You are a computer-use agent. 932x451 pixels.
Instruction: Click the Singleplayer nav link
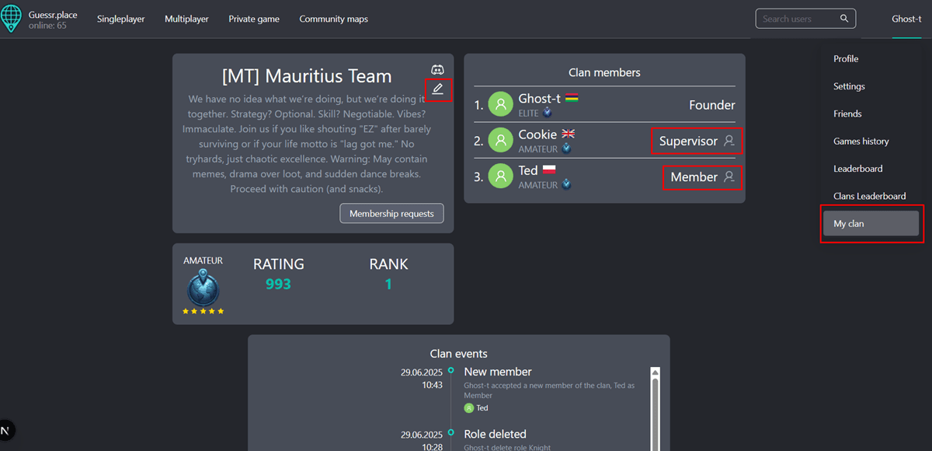click(120, 19)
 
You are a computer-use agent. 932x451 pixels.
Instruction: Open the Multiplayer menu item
click(186, 19)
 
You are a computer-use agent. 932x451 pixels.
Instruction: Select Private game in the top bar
click(254, 19)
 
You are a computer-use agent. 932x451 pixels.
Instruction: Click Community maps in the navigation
click(333, 19)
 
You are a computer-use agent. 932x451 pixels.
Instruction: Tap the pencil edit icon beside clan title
click(438, 89)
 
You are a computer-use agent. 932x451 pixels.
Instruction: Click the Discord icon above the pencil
click(438, 70)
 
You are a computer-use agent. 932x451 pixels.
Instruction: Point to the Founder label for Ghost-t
click(711, 105)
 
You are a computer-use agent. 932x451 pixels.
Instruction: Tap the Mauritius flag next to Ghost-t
click(572, 98)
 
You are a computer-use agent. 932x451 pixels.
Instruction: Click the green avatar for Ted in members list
click(501, 177)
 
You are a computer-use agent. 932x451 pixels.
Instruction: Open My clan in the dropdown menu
click(870, 224)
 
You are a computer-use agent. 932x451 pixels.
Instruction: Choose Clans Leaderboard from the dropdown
click(869, 196)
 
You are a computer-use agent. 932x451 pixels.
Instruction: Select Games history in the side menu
click(861, 141)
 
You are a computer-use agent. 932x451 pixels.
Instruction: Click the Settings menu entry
click(849, 86)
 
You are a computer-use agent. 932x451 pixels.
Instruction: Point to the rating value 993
click(278, 285)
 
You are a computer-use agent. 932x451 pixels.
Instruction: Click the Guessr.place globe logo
click(12, 19)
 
